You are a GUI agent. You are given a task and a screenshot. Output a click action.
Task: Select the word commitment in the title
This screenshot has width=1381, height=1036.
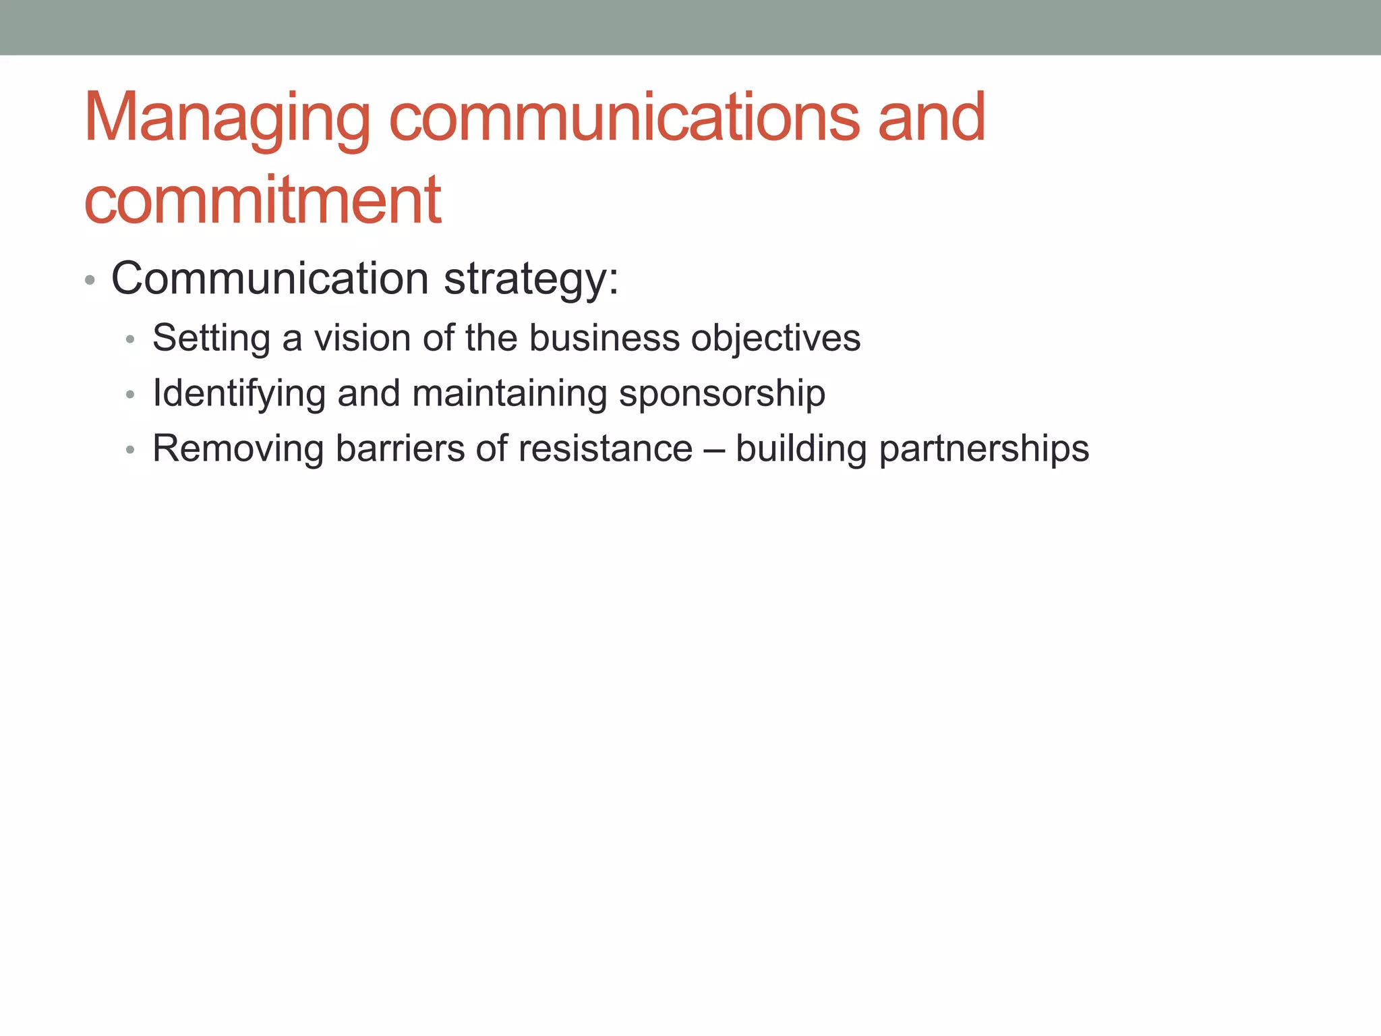click(x=262, y=201)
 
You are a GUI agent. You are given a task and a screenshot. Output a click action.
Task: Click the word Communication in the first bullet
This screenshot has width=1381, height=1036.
click(x=270, y=279)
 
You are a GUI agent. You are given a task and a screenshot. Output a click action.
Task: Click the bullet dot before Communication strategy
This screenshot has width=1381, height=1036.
click(x=90, y=280)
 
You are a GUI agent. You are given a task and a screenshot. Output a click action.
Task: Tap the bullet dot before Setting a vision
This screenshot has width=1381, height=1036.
click(x=131, y=339)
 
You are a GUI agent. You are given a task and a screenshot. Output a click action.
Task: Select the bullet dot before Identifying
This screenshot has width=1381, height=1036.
click(x=131, y=395)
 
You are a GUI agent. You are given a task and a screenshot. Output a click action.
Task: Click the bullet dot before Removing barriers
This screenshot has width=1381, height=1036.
click(x=131, y=450)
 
